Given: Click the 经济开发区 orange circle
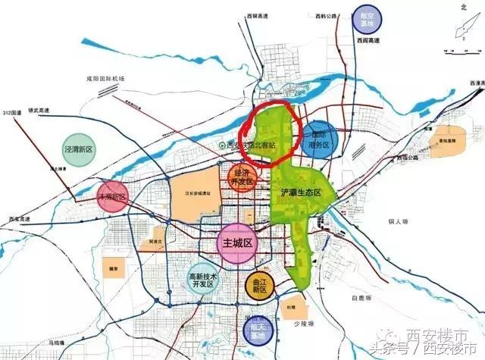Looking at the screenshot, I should (x=241, y=179).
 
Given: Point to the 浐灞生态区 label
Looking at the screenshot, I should (x=302, y=193).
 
